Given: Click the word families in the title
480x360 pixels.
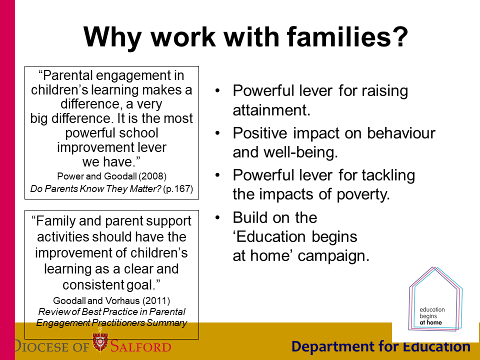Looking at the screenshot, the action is point(338,36).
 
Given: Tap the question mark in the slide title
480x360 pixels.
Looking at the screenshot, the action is point(400,36).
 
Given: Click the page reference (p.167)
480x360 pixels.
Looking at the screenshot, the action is point(178,189).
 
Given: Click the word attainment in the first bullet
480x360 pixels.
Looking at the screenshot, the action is point(271,110).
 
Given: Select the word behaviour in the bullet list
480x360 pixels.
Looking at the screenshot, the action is point(401,133).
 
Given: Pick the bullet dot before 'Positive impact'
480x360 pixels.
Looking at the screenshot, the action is point(217,133).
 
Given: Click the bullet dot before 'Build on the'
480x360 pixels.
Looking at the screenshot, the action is point(217,217).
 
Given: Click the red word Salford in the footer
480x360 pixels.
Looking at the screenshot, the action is point(140,346).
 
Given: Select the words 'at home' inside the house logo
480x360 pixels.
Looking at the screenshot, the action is point(430,322).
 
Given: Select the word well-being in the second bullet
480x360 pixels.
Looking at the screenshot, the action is point(300,152).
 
